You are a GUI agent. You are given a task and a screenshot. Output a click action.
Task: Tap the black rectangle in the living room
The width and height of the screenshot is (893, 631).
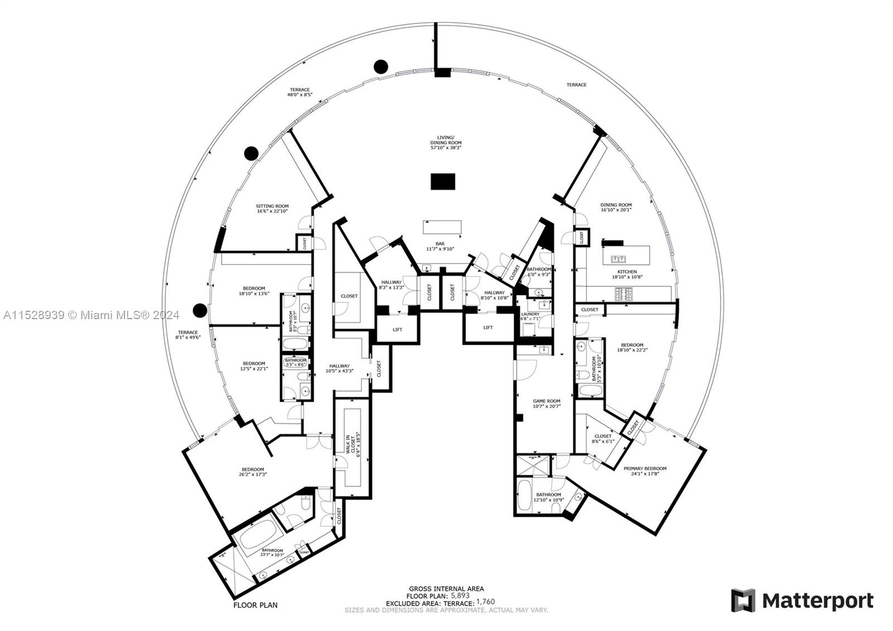pos(443,181)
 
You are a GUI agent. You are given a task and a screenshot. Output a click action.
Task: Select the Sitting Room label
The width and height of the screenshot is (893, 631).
pos(272,208)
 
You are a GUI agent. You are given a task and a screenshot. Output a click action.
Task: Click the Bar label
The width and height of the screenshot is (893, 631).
pos(440,246)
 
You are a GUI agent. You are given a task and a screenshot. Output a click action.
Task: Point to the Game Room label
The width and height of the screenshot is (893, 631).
pos(546,403)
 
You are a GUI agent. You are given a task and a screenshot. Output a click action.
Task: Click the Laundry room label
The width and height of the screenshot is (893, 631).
pos(530,316)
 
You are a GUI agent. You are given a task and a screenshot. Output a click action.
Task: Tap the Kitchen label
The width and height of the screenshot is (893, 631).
pos(627,274)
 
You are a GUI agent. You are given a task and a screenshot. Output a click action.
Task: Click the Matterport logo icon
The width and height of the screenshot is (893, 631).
pos(743,600)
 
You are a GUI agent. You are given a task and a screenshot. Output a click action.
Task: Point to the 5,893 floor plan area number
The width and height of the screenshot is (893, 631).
pos(460,595)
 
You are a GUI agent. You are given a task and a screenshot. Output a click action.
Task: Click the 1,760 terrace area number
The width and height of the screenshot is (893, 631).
pos(485,602)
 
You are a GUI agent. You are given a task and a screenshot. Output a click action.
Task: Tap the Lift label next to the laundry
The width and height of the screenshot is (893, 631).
pos(488,327)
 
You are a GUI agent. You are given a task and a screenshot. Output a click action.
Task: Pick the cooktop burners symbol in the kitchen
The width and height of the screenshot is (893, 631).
pos(623,293)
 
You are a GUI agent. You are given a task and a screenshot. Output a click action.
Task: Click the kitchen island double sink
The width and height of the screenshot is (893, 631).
pos(618,259)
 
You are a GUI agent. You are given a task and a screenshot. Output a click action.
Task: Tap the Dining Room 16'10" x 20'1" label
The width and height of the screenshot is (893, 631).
pos(616,208)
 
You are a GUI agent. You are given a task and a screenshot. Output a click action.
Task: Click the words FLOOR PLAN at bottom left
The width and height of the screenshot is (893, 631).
pos(255,605)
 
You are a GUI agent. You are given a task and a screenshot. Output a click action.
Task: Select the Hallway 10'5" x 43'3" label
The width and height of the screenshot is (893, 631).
pos(339,368)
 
